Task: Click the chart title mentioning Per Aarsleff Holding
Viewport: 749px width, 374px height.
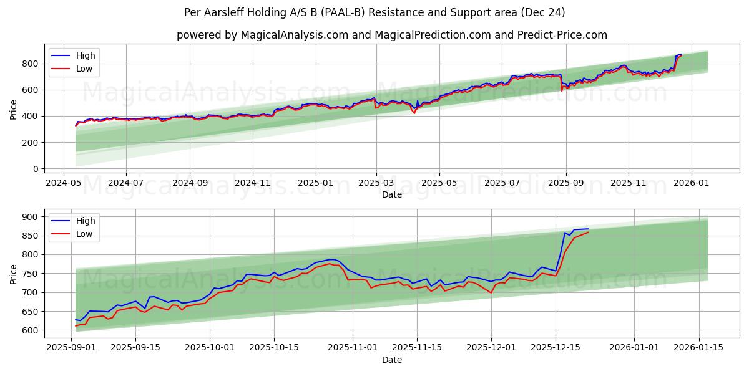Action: pos(374,12)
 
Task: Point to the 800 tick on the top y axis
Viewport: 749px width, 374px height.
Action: pos(29,64)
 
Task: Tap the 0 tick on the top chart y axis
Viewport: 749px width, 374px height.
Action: pos(35,169)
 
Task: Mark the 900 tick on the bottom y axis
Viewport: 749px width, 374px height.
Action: pos(29,217)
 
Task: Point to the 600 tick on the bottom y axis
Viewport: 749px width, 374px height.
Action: pos(29,330)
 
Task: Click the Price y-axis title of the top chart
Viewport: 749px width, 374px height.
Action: pos(14,110)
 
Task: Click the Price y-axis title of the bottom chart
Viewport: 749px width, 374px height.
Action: pos(14,274)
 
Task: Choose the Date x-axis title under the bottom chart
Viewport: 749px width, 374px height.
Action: pos(391,360)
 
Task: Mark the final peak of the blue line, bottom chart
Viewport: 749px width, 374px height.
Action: pos(588,229)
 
